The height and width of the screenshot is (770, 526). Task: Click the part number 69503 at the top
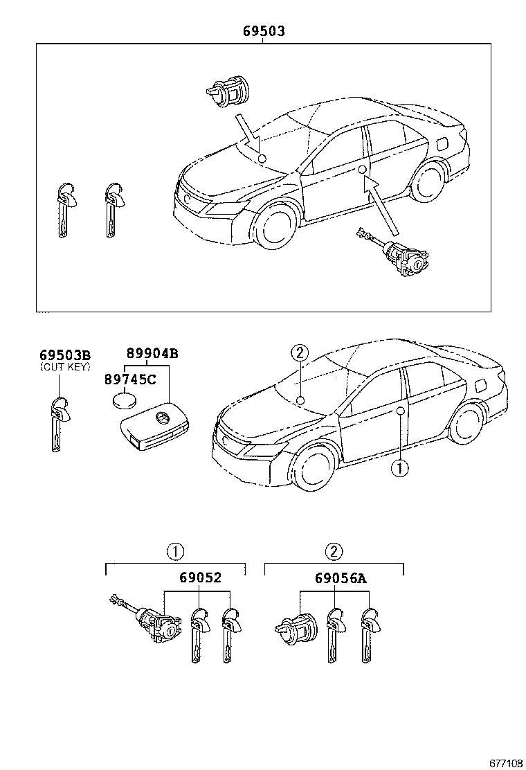click(x=263, y=31)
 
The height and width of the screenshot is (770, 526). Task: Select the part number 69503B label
click(x=64, y=355)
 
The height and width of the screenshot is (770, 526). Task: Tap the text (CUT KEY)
click(x=64, y=366)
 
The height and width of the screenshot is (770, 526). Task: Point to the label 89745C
click(x=131, y=379)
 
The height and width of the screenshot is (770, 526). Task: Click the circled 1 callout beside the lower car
click(x=399, y=468)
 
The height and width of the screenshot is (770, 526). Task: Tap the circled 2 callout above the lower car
click(x=298, y=353)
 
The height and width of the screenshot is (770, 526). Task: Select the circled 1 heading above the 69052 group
click(x=174, y=552)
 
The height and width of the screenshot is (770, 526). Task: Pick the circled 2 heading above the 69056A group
click(x=334, y=552)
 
